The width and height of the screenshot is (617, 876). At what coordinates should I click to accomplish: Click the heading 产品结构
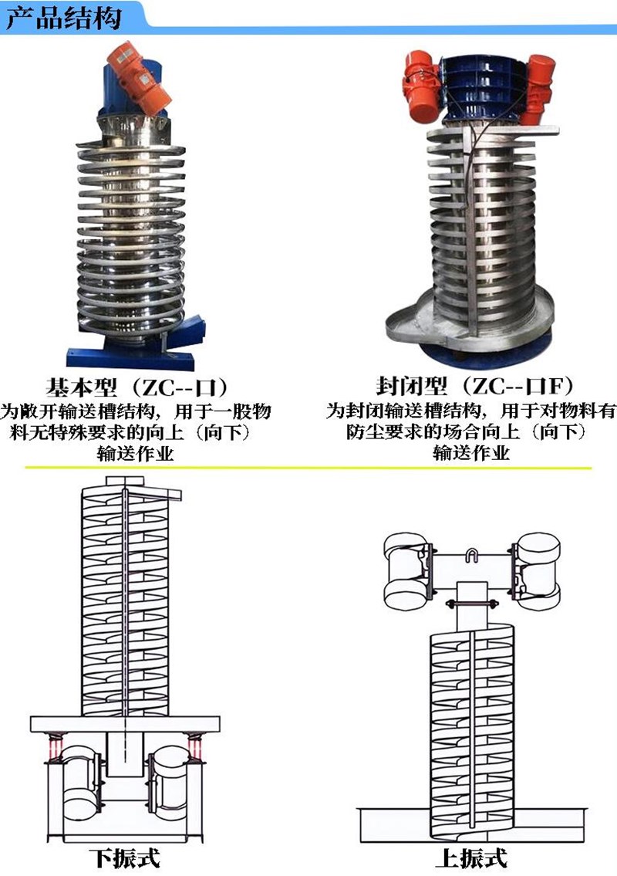tap(63, 17)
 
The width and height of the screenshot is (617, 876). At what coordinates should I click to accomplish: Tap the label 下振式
tap(124, 857)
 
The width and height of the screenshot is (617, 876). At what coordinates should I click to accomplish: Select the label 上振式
tap(472, 857)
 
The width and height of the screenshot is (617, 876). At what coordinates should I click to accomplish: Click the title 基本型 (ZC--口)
tap(137, 387)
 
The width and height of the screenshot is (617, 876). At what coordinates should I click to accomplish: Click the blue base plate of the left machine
tap(131, 356)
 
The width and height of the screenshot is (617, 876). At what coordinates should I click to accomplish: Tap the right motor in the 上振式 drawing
tap(535, 570)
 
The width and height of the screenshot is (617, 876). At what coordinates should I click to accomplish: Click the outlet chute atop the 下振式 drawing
tap(159, 494)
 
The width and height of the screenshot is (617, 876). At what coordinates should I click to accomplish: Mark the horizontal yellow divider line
tap(308, 467)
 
